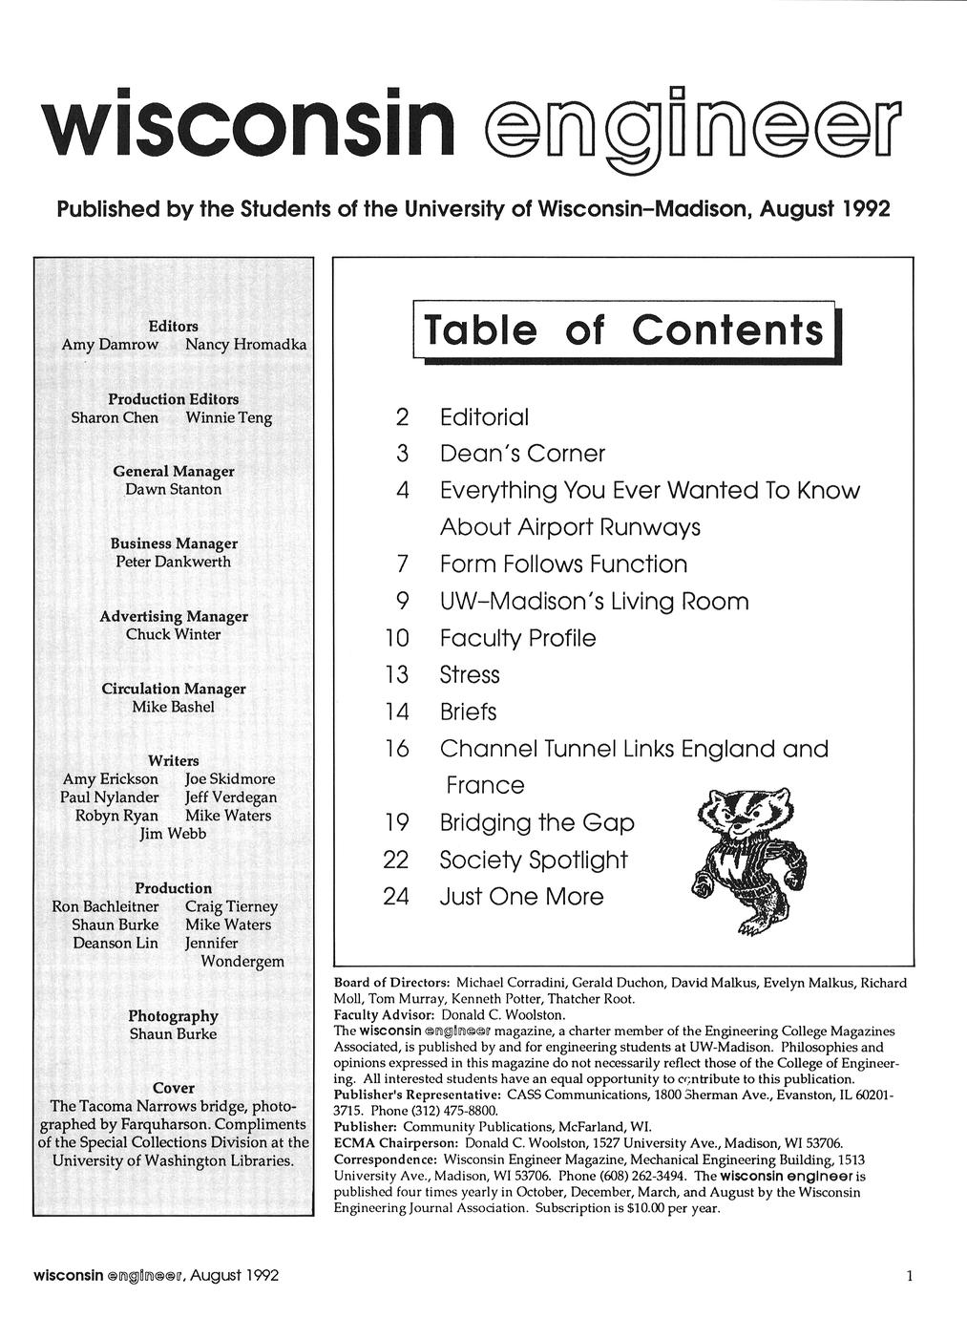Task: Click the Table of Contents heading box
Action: pos(625,330)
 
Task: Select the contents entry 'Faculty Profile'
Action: pos(517,638)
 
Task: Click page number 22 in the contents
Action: pos(396,860)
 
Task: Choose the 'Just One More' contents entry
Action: pos(521,897)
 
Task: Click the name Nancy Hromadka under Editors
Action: pos(245,344)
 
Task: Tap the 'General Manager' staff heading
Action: pos(173,471)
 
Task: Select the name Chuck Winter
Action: pos(173,634)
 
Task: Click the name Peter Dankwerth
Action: pos(173,562)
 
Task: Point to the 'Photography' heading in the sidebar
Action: pos(173,1016)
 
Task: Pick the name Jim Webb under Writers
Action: pos(173,834)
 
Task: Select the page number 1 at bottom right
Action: pos(910,1276)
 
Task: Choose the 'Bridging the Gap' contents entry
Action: pos(536,822)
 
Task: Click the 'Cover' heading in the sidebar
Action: pos(173,1088)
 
